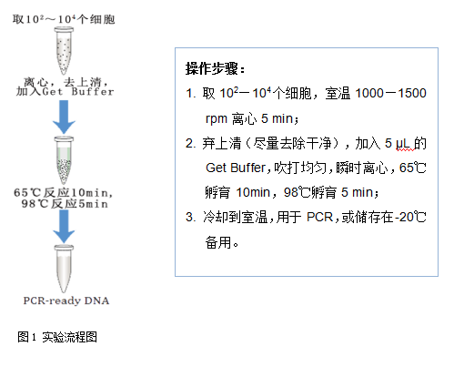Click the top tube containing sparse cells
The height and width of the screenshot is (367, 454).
[64, 51]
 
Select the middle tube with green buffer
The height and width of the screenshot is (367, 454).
[64, 160]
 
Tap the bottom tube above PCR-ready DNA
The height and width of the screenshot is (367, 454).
[64, 269]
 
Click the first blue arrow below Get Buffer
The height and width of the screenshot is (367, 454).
[64, 117]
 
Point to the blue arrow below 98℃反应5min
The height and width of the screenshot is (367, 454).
[64, 227]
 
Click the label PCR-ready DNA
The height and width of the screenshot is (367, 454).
[66, 301]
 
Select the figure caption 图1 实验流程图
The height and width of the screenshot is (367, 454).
[57, 337]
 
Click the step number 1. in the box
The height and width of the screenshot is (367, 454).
[191, 93]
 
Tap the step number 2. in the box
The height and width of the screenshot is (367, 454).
[191, 143]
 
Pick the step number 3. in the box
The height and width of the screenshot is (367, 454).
[191, 217]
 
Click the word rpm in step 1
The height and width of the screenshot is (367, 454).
[217, 119]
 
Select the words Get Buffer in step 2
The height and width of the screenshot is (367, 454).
[236, 168]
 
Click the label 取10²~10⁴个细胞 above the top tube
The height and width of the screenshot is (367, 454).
[64, 19]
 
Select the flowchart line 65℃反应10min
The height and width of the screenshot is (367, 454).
[63, 192]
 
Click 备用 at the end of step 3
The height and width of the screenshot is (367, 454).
[218, 242]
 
